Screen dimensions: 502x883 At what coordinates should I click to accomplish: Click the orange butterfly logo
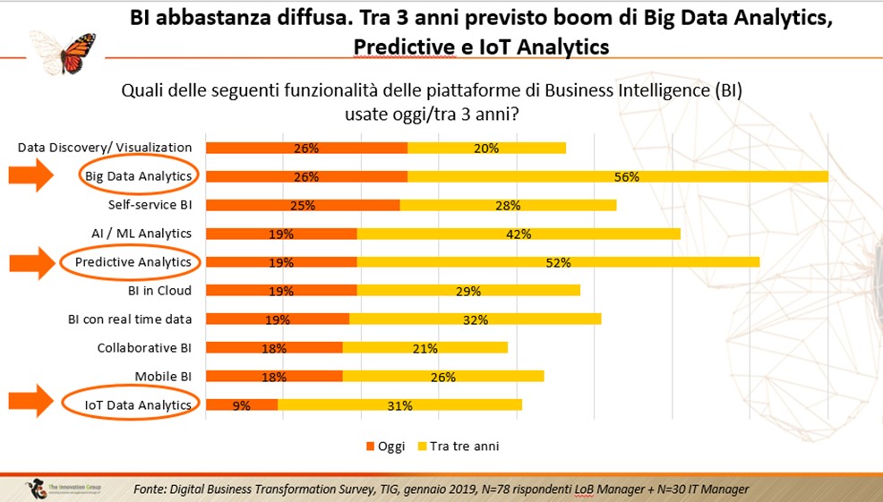click(x=63, y=53)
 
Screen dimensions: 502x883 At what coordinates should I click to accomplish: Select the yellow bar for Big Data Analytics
click(x=617, y=176)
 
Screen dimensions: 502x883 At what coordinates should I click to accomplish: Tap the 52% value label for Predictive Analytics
click(x=558, y=262)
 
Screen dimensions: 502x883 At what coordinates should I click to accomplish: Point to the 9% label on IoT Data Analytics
click(x=241, y=405)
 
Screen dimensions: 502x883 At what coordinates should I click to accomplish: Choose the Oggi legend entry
click(x=385, y=446)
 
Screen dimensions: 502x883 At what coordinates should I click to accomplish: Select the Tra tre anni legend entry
click(x=460, y=446)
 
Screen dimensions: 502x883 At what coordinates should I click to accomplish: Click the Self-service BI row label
click(x=150, y=205)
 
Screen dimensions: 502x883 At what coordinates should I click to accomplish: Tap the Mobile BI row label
click(x=163, y=377)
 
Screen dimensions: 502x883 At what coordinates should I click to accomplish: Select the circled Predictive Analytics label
click(x=133, y=262)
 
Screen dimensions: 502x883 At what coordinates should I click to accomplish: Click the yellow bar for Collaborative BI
click(x=425, y=348)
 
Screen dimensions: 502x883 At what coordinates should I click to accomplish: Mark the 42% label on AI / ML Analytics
click(x=519, y=234)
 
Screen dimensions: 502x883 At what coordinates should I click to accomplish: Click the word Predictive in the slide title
click(x=403, y=47)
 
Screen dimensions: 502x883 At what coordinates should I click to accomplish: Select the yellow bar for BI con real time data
click(x=475, y=319)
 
